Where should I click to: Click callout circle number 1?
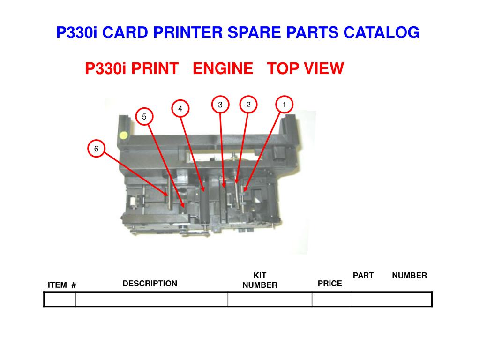284,105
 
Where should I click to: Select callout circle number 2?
248,105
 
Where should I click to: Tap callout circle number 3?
220,105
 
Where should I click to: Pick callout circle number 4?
180,109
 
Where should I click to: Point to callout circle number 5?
144,116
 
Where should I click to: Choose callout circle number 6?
96,149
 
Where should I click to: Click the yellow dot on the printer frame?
123,135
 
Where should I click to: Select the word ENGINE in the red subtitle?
223,69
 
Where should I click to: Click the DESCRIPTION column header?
150,284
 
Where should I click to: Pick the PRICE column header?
330,284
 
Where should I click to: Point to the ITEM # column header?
62,285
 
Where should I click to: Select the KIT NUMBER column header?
260,280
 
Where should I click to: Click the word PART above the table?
363,276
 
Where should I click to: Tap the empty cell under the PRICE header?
332,299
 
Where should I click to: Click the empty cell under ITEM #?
60,299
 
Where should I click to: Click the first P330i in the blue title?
76,33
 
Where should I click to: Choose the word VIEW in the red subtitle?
324,69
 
